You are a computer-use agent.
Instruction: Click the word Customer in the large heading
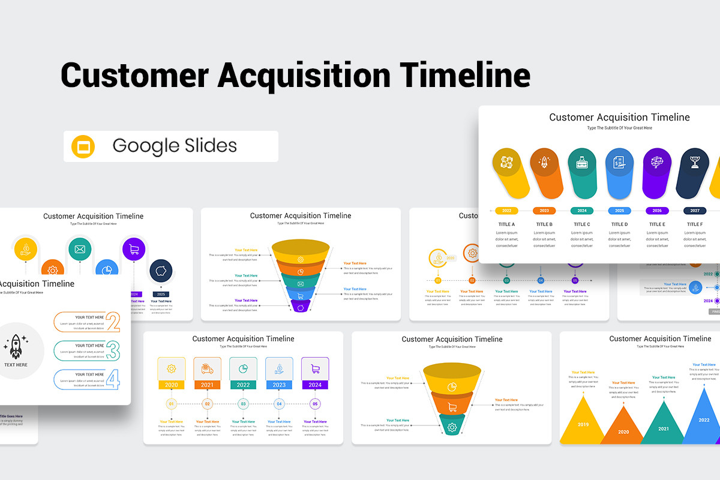click(x=133, y=76)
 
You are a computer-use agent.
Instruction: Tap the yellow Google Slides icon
click(x=83, y=146)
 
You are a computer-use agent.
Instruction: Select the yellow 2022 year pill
click(x=506, y=211)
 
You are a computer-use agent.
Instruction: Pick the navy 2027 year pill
click(x=695, y=211)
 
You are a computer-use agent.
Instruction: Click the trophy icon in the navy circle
click(x=695, y=163)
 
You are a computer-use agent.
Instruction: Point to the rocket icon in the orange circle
click(x=544, y=163)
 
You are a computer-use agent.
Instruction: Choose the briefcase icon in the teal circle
click(x=582, y=163)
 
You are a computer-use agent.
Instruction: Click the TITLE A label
click(x=506, y=224)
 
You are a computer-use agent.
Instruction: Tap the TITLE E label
click(x=657, y=224)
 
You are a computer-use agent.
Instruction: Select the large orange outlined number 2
click(x=113, y=322)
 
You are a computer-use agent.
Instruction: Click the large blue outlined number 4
click(x=113, y=379)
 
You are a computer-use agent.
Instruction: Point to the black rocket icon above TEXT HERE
click(x=16, y=347)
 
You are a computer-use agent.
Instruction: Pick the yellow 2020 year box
click(x=171, y=385)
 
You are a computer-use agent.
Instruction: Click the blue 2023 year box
click(x=279, y=385)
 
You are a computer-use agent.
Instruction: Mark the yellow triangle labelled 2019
click(x=583, y=424)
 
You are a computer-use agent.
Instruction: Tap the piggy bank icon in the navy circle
click(x=160, y=271)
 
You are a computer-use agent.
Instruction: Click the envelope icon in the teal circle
click(x=80, y=249)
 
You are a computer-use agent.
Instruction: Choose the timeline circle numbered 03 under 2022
click(x=243, y=404)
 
